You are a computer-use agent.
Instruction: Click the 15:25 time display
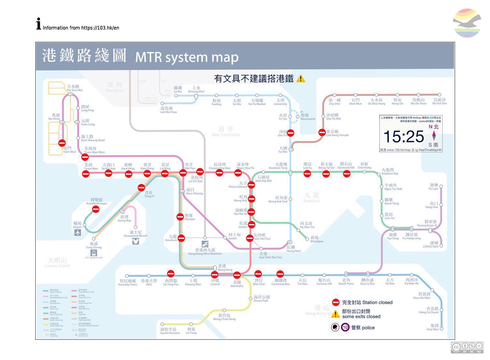point(403,137)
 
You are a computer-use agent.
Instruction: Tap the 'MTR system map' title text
point(187,57)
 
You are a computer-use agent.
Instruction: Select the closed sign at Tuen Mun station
point(62,143)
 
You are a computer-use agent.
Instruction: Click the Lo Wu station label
point(178,90)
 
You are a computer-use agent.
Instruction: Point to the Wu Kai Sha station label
point(439,101)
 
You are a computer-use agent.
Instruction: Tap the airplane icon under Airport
point(77,232)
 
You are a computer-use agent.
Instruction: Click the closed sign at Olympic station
point(180,217)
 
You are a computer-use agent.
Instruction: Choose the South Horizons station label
point(170,331)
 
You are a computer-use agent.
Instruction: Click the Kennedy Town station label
point(127,283)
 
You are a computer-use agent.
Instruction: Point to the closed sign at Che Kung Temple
point(322,132)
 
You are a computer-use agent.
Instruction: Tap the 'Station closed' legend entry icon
point(335,302)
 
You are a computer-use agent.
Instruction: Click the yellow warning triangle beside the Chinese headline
point(301,78)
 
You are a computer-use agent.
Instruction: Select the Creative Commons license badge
point(467,347)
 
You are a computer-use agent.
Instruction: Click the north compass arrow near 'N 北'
point(434,135)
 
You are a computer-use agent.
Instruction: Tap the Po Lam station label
point(433,187)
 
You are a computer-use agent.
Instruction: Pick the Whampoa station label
point(317,239)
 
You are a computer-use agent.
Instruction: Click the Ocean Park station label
point(261,299)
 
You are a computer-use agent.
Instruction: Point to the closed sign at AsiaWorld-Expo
point(96,209)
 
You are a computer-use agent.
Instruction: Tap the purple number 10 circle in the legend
point(345,327)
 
